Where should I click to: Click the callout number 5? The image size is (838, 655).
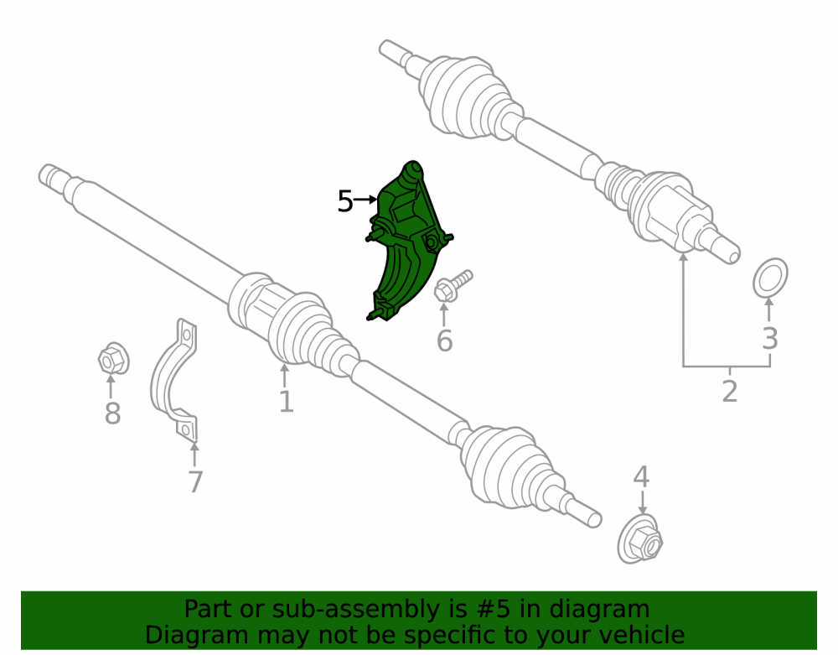(x=345, y=201)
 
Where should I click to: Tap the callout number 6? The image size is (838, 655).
(x=445, y=341)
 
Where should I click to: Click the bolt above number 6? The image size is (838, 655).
(x=453, y=286)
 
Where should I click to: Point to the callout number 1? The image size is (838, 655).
(x=287, y=402)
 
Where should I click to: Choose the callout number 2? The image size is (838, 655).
(x=730, y=392)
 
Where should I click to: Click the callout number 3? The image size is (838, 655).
(x=769, y=339)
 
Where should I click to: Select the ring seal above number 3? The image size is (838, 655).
(x=770, y=277)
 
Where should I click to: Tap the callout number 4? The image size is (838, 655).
(x=641, y=477)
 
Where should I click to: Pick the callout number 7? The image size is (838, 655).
(x=195, y=481)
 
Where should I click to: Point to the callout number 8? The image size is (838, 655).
(x=112, y=413)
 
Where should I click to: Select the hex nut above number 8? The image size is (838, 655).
(x=113, y=359)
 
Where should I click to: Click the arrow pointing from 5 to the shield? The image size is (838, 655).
(x=366, y=200)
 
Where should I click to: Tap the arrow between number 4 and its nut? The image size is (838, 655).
(x=642, y=502)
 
